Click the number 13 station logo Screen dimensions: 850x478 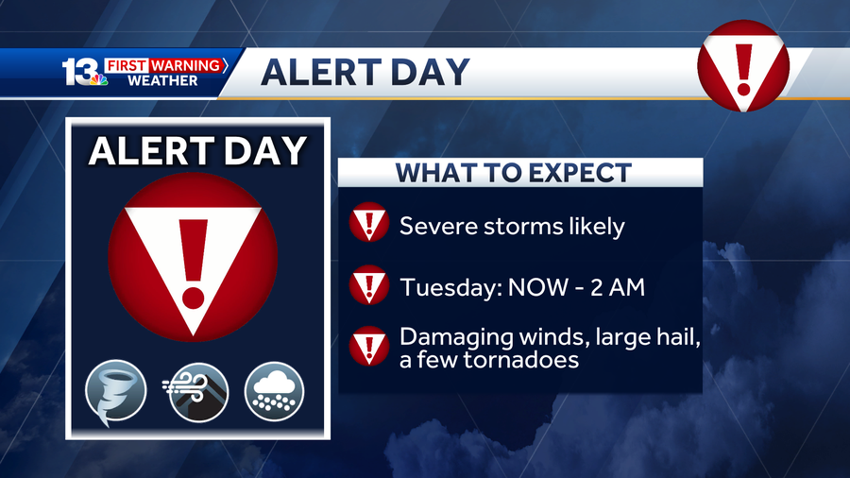80,72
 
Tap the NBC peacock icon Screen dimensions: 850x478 98,79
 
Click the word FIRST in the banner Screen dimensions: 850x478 127,65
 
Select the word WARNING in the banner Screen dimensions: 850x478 185,65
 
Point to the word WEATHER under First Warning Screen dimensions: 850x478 162,80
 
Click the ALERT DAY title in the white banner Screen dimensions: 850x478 365,72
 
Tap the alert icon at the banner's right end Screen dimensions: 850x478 743,66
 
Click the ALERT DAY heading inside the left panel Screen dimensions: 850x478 198,150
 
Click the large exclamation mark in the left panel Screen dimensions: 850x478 193,264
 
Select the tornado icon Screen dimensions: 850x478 115,391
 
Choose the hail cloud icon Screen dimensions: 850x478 274,391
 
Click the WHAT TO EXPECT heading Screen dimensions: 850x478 514,173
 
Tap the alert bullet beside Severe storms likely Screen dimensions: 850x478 369,222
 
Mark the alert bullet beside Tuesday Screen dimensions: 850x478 369,284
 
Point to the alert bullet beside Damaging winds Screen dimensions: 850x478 369,346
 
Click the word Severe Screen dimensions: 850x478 438,226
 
